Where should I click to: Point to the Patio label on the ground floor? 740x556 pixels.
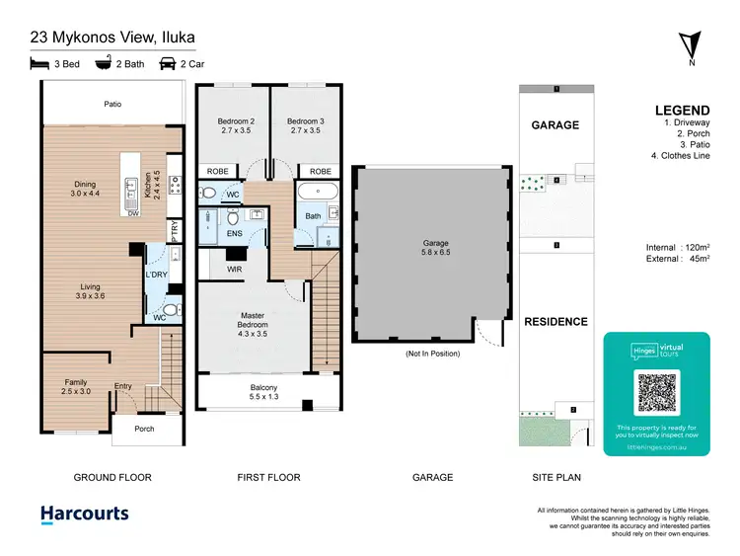pos(112,103)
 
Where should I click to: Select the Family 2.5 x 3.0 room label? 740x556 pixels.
pos(76,386)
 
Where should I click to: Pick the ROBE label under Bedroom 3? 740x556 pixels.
pos(321,171)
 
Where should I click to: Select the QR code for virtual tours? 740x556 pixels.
pos(656,394)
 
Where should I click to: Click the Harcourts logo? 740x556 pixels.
pos(84,514)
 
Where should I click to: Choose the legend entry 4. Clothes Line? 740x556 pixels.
pos(681,155)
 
